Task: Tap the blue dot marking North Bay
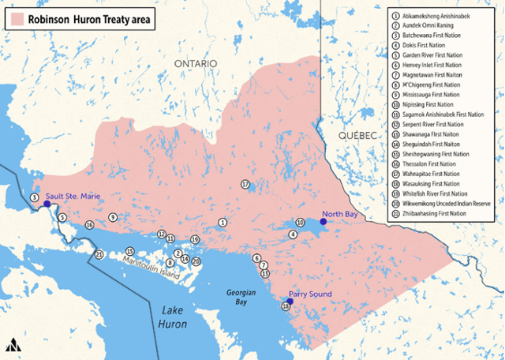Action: [323, 222]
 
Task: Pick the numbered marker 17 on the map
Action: [245, 184]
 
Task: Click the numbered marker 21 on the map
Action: [99, 254]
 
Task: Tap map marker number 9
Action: [113, 217]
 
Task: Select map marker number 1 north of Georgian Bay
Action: [223, 223]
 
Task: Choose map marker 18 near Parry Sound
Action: [285, 307]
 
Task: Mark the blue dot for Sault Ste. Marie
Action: [47, 204]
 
